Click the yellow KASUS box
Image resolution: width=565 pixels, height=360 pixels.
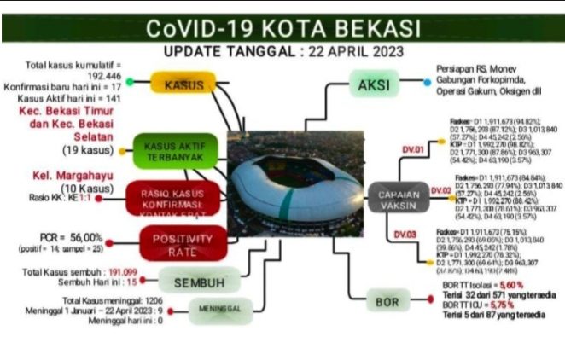[x=183, y=85]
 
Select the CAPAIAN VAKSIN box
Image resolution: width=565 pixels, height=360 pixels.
[x=394, y=200]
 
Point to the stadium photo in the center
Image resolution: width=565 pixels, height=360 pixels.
[x=287, y=183]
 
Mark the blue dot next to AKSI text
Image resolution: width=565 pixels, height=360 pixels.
[x=426, y=83]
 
